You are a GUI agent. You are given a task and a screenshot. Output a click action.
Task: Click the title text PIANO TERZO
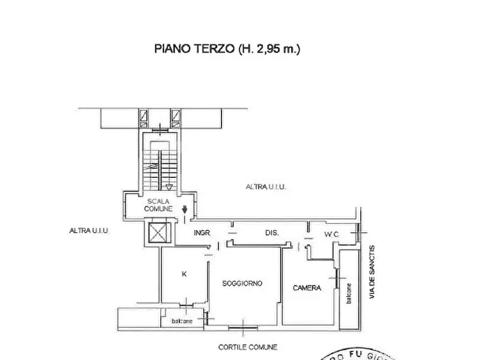[x=194, y=49]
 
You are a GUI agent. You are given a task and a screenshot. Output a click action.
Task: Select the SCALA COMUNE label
[x=157, y=205]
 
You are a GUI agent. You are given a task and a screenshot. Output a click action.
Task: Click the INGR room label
[x=202, y=233]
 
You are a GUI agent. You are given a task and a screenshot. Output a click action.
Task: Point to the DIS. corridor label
[x=271, y=233]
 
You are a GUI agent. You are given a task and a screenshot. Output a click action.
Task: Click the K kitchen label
[x=184, y=274]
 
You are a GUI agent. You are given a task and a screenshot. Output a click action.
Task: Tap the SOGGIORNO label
[x=242, y=284]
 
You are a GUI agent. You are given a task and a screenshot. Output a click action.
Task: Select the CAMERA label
[x=307, y=288]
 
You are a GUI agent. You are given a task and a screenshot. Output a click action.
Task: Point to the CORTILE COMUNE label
[x=248, y=347]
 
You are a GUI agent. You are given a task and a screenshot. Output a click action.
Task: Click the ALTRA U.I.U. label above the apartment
[x=266, y=187]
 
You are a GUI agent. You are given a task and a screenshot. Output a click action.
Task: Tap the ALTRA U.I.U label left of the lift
[x=89, y=231]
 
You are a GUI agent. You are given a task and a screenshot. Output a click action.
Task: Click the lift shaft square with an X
[x=159, y=233]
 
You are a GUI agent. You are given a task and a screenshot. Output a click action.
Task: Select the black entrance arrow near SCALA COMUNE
[x=184, y=210]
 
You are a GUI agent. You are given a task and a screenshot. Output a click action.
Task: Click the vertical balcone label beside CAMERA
[x=349, y=293]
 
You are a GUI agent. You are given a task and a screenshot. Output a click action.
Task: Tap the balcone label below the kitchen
[x=182, y=321]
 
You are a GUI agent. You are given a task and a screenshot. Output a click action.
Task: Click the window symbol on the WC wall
[x=359, y=233]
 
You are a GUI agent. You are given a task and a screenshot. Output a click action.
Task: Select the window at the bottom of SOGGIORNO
[x=243, y=325]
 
